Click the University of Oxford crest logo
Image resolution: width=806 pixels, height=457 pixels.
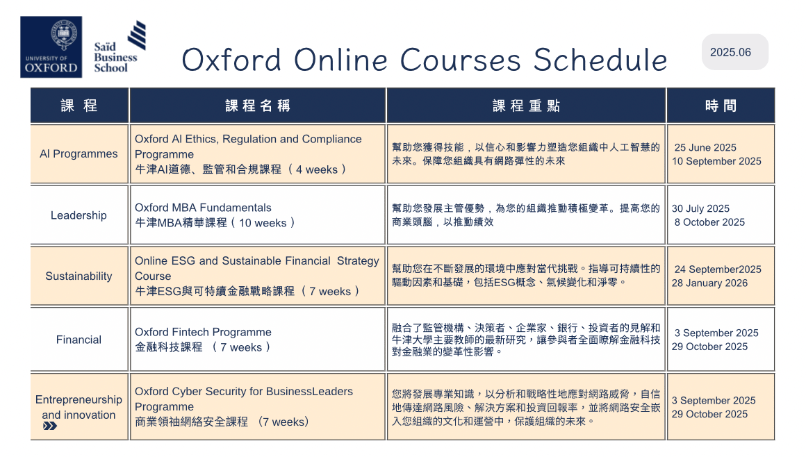(x=51, y=47)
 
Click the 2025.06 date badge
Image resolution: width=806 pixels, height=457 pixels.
(x=734, y=52)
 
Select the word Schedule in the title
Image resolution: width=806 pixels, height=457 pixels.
(x=600, y=60)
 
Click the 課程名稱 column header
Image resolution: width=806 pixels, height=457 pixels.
(x=258, y=106)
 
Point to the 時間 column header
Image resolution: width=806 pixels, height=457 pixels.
(x=721, y=106)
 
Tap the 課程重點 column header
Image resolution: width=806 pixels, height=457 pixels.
(x=527, y=106)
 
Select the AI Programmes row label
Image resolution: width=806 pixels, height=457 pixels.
(x=79, y=153)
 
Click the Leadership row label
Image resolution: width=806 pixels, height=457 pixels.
(x=79, y=215)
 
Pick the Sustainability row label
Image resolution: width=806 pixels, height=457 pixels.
(x=79, y=276)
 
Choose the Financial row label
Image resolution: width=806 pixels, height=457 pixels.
(x=79, y=340)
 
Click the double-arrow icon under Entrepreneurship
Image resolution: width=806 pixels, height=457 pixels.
(x=50, y=426)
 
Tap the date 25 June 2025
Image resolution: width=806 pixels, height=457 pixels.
(x=705, y=147)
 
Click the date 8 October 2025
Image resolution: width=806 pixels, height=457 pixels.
(x=709, y=222)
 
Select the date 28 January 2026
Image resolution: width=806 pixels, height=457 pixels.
(x=709, y=283)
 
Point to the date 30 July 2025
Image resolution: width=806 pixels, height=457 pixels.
(x=700, y=209)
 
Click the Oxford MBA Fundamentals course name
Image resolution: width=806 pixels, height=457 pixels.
(x=203, y=208)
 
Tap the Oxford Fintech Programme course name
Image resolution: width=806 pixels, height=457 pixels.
(x=203, y=332)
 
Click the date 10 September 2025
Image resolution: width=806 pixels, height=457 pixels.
(x=716, y=161)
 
